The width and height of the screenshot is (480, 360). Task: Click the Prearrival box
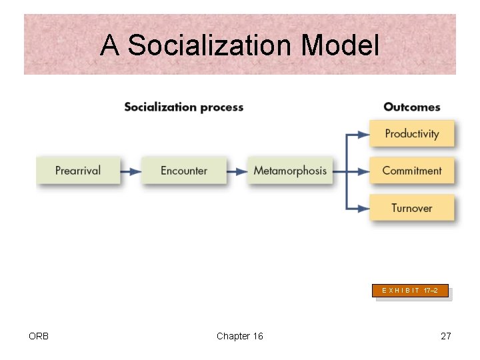pyautogui.click(x=78, y=171)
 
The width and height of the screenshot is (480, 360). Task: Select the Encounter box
pyautogui.click(x=183, y=171)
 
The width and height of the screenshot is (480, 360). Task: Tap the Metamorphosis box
pyautogui.click(x=290, y=171)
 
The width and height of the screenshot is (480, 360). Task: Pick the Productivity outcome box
pyautogui.click(x=412, y=133)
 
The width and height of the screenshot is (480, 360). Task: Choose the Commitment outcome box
pyautogui.click(x=412, y=171)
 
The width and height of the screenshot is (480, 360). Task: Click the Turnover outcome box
pyautogui.click(x=412, y=208)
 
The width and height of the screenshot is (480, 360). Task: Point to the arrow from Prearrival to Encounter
pyautogui.click(x=131, y=171)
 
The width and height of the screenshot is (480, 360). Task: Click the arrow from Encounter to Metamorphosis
pyautogui.click(x=236, y=171)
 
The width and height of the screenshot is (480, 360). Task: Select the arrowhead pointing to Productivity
pyautogui.click(x=363, y=134)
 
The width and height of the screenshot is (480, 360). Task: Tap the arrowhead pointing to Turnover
pyautogui.click(x=363, y=209)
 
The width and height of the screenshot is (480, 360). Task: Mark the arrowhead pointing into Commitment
pyautogui.click(x=363, y=171)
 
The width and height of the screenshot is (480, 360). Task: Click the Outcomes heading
pyautogui.click(x=412, y=107)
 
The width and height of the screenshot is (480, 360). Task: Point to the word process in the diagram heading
pyautogui.click(x=223, y=107)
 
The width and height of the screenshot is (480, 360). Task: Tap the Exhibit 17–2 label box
pyautogui.click(x=410, y=291)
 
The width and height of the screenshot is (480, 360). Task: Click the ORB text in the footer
pyautogui.click(x=39, y=336)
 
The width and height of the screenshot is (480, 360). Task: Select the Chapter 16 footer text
pyautogui.click(x=239, y=336)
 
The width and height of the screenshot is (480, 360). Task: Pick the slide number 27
pyautogui.click(x=445, y=336)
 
